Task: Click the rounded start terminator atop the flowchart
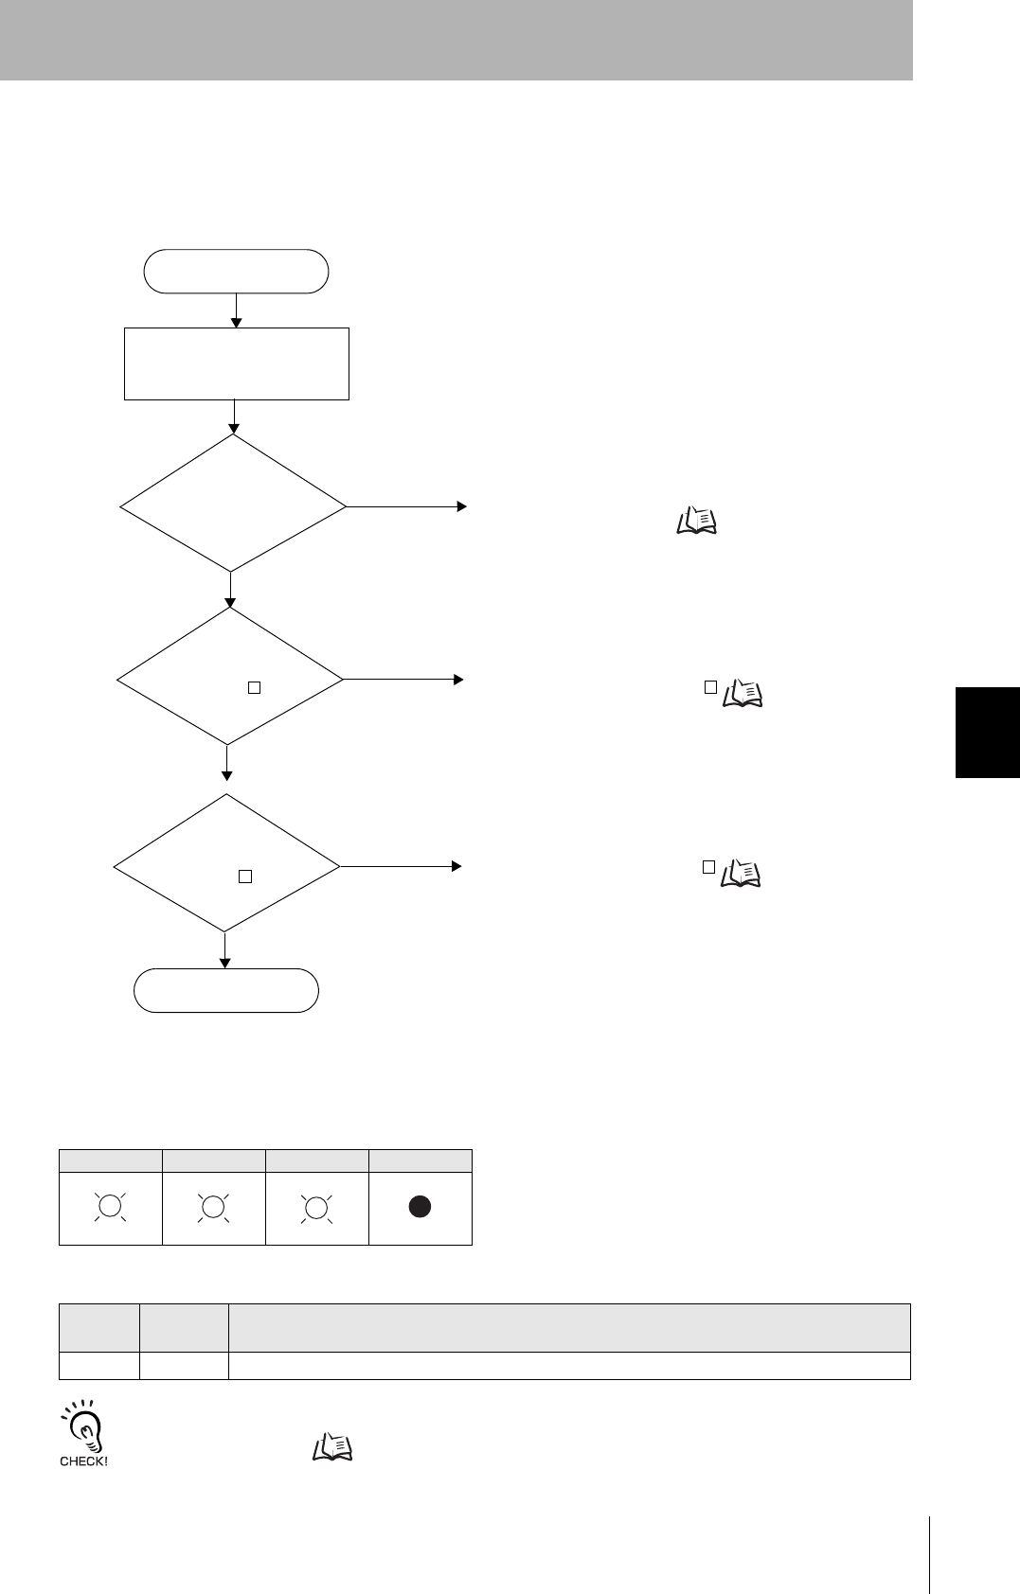(x=236, y=272)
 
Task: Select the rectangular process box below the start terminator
(x=237, y=363)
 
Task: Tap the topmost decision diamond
(x=233, y=504)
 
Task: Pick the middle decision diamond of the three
(x=229, y=677)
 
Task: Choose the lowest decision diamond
(x=226, y=863)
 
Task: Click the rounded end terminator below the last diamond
(x=226, y=990)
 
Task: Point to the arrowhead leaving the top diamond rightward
(x=462, y=506)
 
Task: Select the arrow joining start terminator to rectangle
(x=236, y=310)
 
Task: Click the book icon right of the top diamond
(x=697, y=521)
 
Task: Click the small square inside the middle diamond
(x=254, y=688)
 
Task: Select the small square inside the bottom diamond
(x=244, y=877)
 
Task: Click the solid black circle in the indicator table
(x=420, y=1207)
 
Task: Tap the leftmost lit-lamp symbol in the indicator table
(x=110, y=1207)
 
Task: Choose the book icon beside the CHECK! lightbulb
(x=331, y=1446)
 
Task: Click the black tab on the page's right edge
(x=987, y=732)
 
